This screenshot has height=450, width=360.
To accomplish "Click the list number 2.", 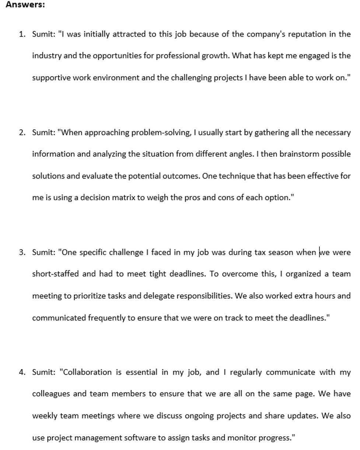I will [x=22, y=132].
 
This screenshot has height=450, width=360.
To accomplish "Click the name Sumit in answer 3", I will [x=43, y=253].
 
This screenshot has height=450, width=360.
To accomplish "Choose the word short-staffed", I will [x=55, y=274].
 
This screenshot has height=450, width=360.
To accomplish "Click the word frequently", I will [x=106, y=318].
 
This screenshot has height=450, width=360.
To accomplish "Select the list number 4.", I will [x=22, y=372].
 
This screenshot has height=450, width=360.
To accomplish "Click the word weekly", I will [x=45, y=416].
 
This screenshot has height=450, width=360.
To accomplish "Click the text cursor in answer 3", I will [x=319, y=253].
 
